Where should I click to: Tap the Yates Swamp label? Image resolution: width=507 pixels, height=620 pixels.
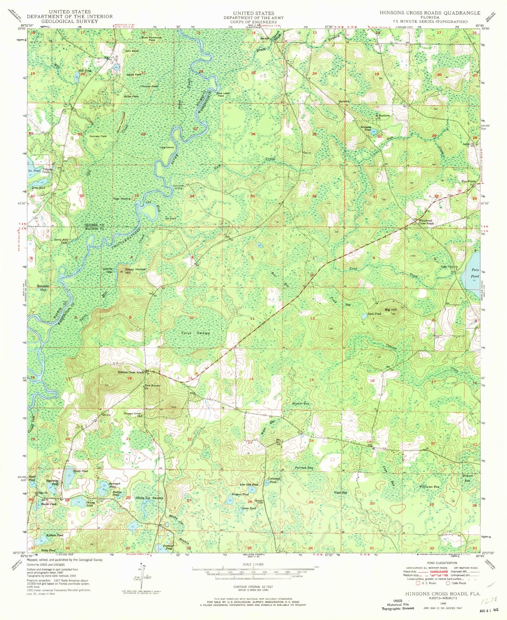click(195, 333)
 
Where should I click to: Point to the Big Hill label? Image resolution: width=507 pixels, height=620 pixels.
click(391, 310)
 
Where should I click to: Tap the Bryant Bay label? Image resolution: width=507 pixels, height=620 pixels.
click(301, 404)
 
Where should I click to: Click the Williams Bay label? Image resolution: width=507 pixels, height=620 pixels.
click(429, 487)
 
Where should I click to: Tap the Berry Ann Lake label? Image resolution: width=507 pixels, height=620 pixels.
click(60, 241)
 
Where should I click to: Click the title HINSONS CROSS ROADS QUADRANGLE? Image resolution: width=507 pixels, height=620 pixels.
click(429, 13)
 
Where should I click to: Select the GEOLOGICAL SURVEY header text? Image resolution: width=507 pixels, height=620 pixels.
click(69, 21)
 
